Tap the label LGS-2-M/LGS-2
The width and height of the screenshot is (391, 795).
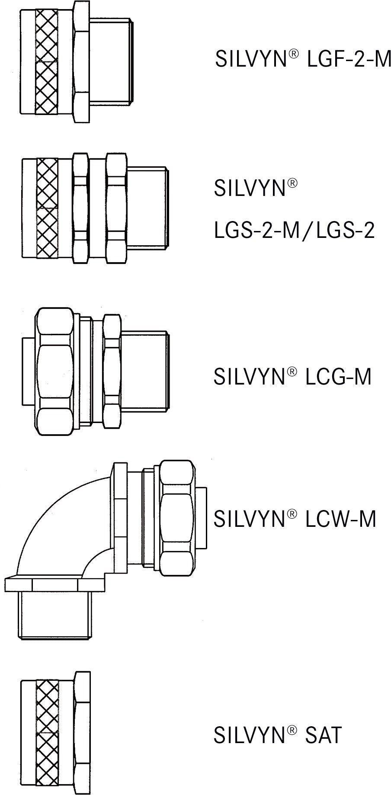[294, 231]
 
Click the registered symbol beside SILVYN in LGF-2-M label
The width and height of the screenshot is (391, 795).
[294, 54]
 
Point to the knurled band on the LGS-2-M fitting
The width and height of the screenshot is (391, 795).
[47, 209]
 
